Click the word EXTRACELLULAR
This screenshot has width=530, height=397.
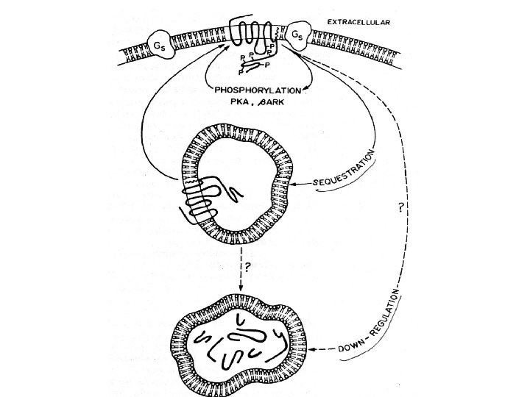358,23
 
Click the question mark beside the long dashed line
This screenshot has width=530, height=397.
398,208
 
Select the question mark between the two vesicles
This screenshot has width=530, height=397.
247,268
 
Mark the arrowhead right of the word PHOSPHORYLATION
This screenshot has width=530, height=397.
305,90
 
